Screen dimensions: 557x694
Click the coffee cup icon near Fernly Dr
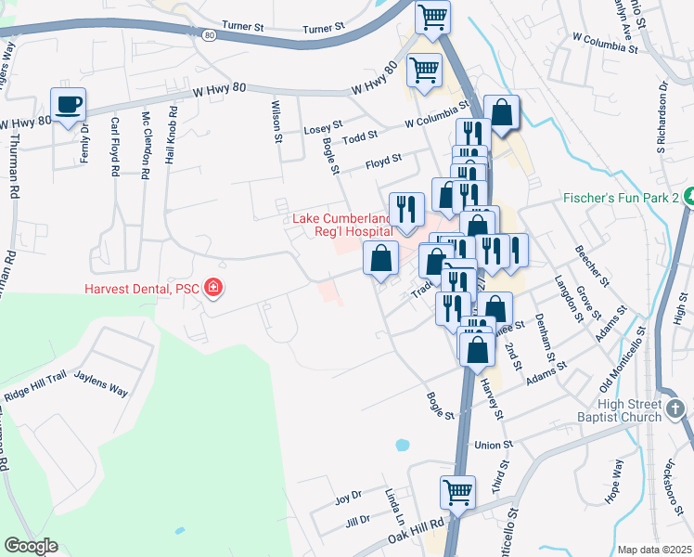pyautogui.click(x=68, y=104)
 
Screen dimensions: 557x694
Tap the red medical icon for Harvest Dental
pyautogui.click(x=214, y=289)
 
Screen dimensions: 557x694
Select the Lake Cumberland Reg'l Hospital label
pyautogui.click(x=345, y=225)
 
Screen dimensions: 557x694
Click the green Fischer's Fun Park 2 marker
pyautogui.click(x=688, y=198)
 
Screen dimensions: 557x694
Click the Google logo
pyautogui.click(x=31, y=546)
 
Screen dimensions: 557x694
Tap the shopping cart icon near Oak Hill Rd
pyautogui.click(x=457, y=493)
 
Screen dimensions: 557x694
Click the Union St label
pyautogui.click(x=494, y=446)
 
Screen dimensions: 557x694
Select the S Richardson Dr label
pyautogui.click(x=662, y=119)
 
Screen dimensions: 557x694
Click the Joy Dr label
pyautogui.click(x=348, y=499)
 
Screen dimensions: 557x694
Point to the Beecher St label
pyautogui.click(x=591, y=266)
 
